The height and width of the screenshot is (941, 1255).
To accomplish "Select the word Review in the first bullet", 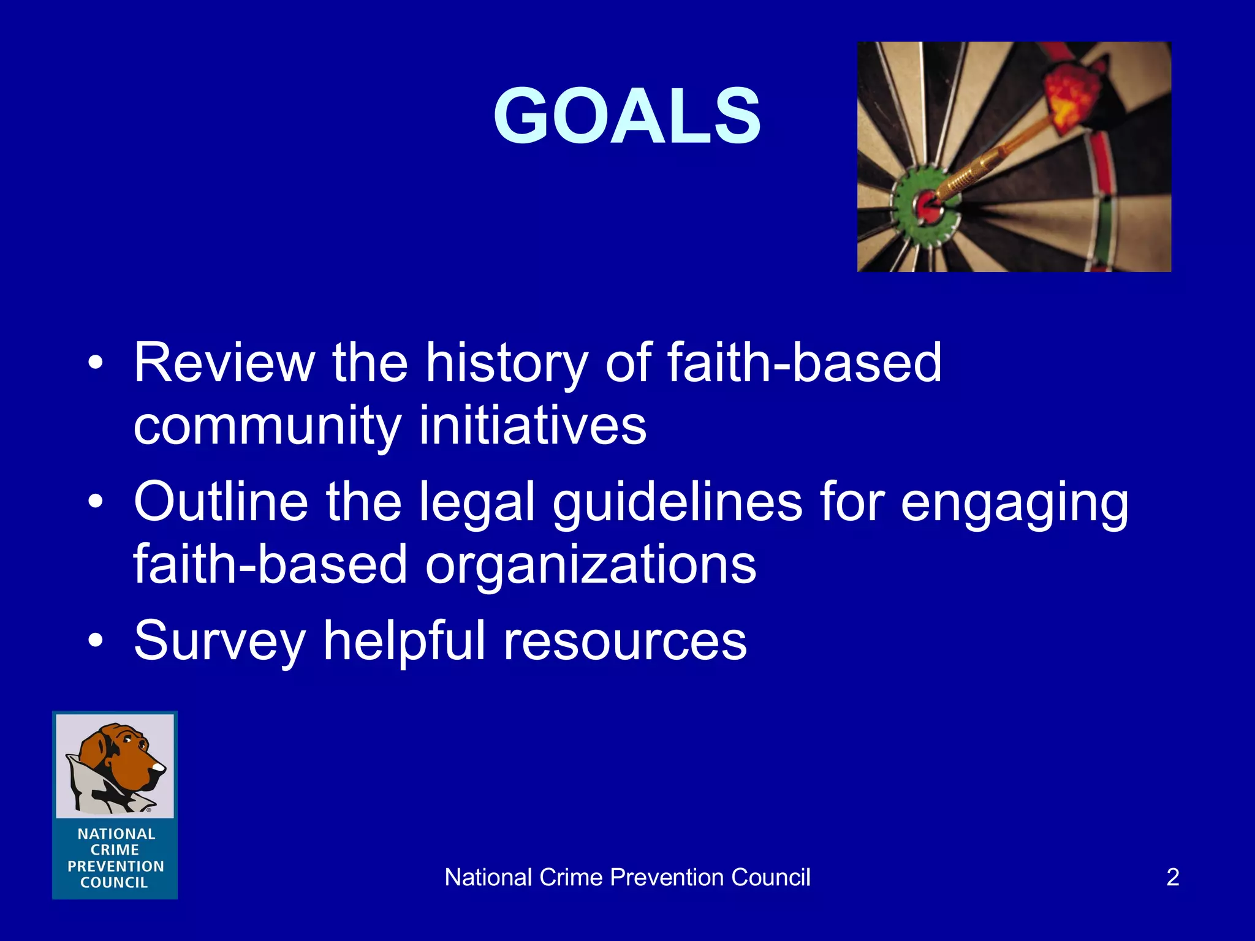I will click(224, 363).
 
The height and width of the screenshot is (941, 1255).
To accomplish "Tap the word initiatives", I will click(533, 425).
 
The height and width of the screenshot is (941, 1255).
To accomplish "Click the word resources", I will click(625, 642).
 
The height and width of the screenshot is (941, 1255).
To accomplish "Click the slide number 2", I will click(1172, 877).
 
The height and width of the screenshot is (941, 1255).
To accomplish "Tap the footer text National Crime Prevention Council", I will click(627, 877).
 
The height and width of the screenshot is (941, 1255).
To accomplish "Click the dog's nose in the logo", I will click(159, 767).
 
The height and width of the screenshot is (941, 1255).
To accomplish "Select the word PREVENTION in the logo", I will click(116, 866).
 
